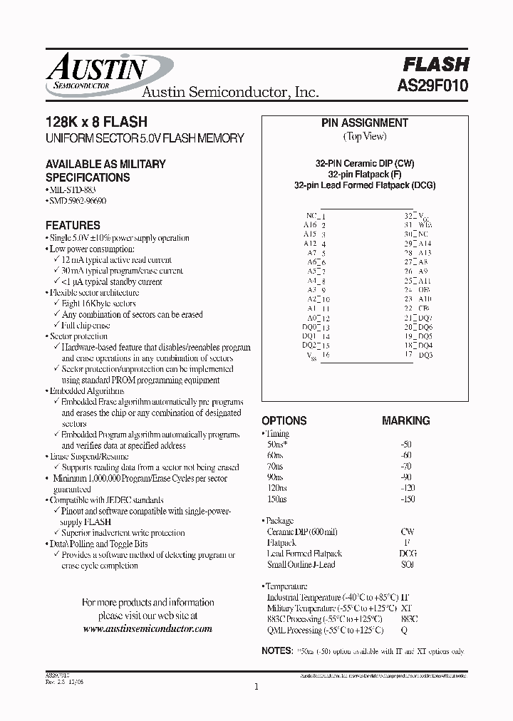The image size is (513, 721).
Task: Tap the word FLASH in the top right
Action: (x=436, y=64)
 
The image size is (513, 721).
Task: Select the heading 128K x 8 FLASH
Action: (x=96, y=123)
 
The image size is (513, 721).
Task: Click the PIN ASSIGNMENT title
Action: (x=365, y=123)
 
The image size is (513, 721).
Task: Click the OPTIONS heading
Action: (x=284, y=420)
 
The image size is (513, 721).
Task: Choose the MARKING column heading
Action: (x=406, y=420)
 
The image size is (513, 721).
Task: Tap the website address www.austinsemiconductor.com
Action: (x=148, y=629)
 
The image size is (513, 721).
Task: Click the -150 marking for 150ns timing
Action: (x=407, y=499)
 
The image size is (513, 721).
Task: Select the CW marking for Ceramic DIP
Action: (x=408, y=531)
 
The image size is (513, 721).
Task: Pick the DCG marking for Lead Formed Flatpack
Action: (x=408, y=553)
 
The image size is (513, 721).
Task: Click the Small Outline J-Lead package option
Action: (x=301, y=564)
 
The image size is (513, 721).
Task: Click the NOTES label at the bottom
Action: (x=277, y=651)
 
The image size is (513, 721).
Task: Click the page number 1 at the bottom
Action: (x=256, y=687)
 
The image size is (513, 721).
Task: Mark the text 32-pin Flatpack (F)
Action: (x=364, y=174)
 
